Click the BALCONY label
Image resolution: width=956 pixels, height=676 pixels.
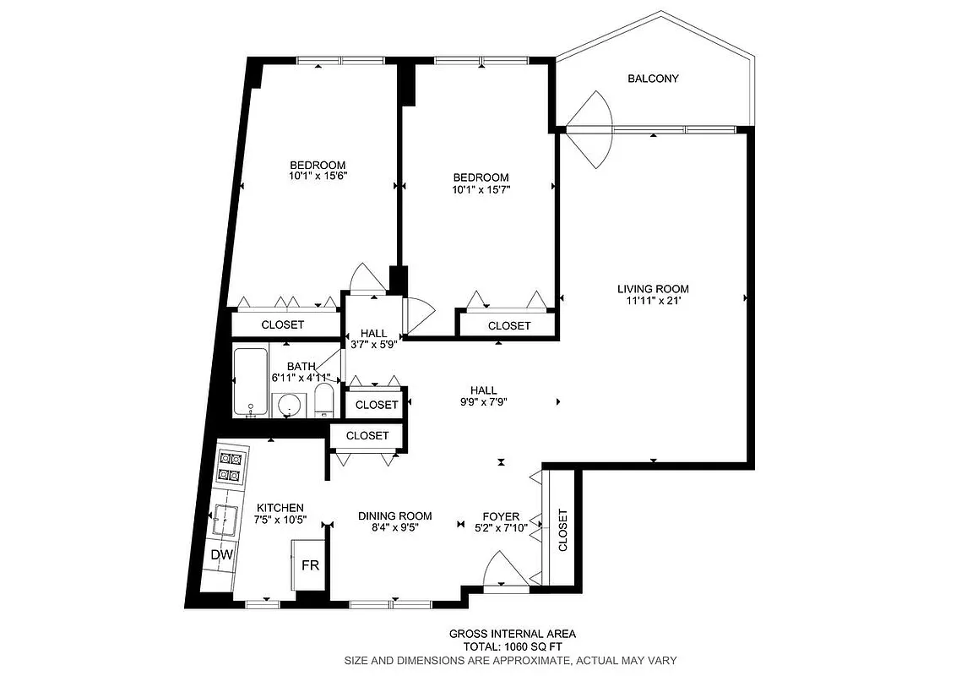click(653, 79)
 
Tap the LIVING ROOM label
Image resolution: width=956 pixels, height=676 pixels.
click(653, 289)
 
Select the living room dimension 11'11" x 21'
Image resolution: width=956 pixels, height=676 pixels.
click(653, 301)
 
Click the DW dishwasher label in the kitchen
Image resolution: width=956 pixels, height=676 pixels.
click(222, 555)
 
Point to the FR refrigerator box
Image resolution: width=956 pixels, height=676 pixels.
click(310, 564)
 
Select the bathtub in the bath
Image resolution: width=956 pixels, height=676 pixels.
click(251, 382)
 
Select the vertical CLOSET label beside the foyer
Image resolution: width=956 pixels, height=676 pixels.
click(562, 530)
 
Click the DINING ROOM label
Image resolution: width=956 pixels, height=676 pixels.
click(394, 515)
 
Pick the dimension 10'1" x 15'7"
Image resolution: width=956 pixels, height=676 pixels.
click(481, 189)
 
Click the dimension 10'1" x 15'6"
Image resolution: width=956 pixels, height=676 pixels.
click(318, 177)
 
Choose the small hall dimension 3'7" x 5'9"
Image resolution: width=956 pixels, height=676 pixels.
click(373, 345)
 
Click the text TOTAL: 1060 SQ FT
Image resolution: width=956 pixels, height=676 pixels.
click(512, 646)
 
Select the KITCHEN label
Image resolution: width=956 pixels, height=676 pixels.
click(280, 508)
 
